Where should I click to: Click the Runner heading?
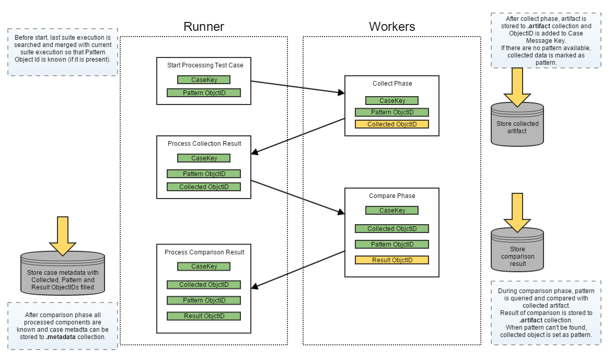pyautogui.click(x=203, y=27)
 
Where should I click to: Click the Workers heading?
pyautogui.click(x=391, y=27)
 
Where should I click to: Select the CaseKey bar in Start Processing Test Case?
pyautogui.click(x=203, y=80)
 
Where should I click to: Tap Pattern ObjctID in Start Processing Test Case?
pyautogui.click(x=203, y=93)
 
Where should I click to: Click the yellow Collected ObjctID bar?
pyautogui.click(x=391, y=124)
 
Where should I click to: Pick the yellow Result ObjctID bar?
pyautogui.click(x=391, y=260)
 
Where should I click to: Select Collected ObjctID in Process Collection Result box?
pyautogui.click(x=203, y=187)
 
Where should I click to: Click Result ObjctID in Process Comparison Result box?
pyautogui.click(x=203, y=316)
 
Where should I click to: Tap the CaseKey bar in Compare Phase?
pyautogui.click(x=391, y=211)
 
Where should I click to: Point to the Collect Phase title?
pyautogui.click(x=392, y=84)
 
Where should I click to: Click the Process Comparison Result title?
pyautogui.click(x=204, y=252)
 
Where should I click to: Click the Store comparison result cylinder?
pyautogui.click(x=517, y=253)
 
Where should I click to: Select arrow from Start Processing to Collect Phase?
pyautogui.click(x=298, y=87)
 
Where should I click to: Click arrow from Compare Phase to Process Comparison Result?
pyautogui.click(x=298, y=269)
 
